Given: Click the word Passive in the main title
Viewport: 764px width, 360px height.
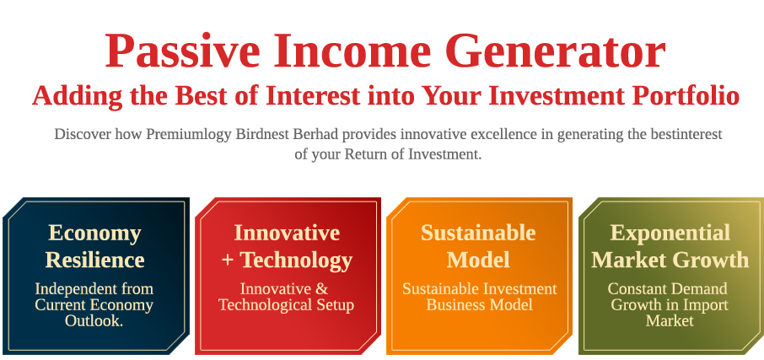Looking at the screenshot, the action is click(183, 51).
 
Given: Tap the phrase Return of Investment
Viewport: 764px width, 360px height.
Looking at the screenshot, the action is click(413, 155).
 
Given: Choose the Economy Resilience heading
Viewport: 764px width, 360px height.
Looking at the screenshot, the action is click(95, 246).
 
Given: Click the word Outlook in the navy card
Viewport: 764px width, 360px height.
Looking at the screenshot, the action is click(94, 320).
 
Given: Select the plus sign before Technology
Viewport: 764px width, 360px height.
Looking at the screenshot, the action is click(228, 261).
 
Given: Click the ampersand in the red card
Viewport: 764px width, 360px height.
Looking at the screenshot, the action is click(322, 289).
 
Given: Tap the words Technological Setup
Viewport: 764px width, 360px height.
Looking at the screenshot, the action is click(286, 305).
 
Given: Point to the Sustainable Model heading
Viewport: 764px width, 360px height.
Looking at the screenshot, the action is click(478, 246).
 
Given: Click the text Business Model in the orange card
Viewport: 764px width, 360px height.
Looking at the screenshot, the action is click(480, 305).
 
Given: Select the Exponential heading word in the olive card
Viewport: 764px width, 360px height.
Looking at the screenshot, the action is click(670, 234).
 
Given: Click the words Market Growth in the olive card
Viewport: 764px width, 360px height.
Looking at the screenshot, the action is click(670, 260).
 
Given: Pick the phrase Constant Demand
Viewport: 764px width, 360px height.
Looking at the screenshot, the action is click(668, 289).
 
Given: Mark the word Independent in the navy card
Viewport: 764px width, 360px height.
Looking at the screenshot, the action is click(71, 289).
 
